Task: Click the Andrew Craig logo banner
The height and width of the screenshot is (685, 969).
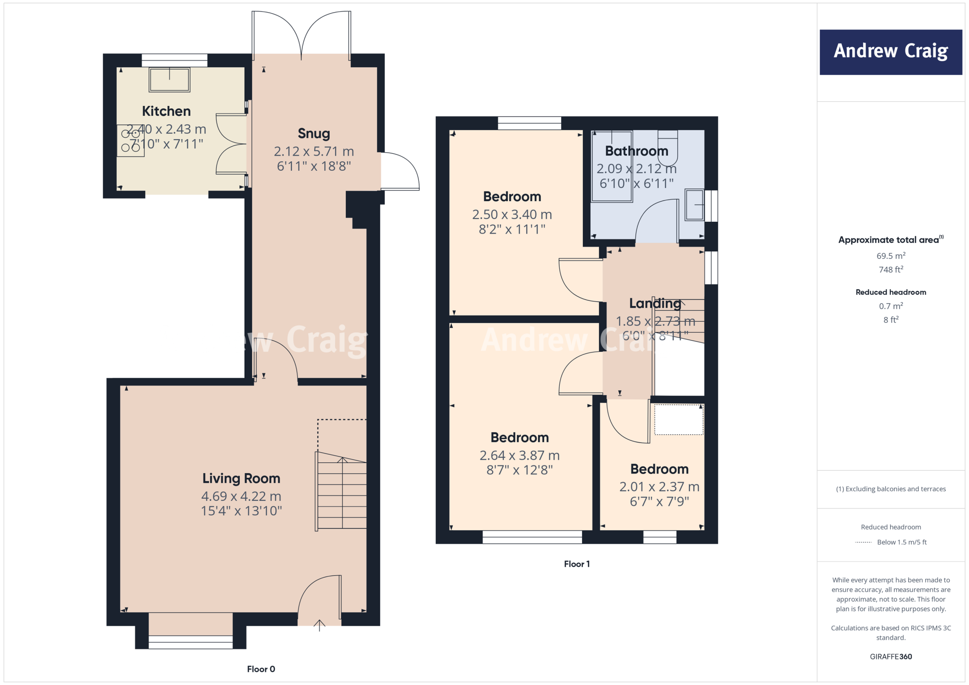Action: pos(890,52)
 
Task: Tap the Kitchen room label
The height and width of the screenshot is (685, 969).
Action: pos(167,111)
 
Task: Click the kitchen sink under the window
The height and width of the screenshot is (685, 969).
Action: pos(169,79)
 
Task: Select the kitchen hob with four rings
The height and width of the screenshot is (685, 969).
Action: pos(131,141)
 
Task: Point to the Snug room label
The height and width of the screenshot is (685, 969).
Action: pos(314,134)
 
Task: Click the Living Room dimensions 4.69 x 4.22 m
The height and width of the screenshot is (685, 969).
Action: pos(241,496)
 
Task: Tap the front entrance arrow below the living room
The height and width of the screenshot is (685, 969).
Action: pos(319,625)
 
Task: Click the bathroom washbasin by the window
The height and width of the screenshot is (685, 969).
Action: pos(695,205)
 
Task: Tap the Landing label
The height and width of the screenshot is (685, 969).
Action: pos(655,303)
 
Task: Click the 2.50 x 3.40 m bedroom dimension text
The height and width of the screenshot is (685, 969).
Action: pos(512,215)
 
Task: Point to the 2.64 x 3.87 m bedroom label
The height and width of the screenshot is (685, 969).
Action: pos(520,438)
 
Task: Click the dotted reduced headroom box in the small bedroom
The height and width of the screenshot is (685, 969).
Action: pos(678,419)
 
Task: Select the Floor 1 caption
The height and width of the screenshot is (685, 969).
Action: pos(576,564)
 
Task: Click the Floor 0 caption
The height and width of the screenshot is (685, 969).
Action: pos(261,669)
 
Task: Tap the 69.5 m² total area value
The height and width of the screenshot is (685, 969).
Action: pos(890,256)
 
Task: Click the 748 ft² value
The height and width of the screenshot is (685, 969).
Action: pos(890,270)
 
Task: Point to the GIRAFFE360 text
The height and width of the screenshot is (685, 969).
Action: pos(890,657)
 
